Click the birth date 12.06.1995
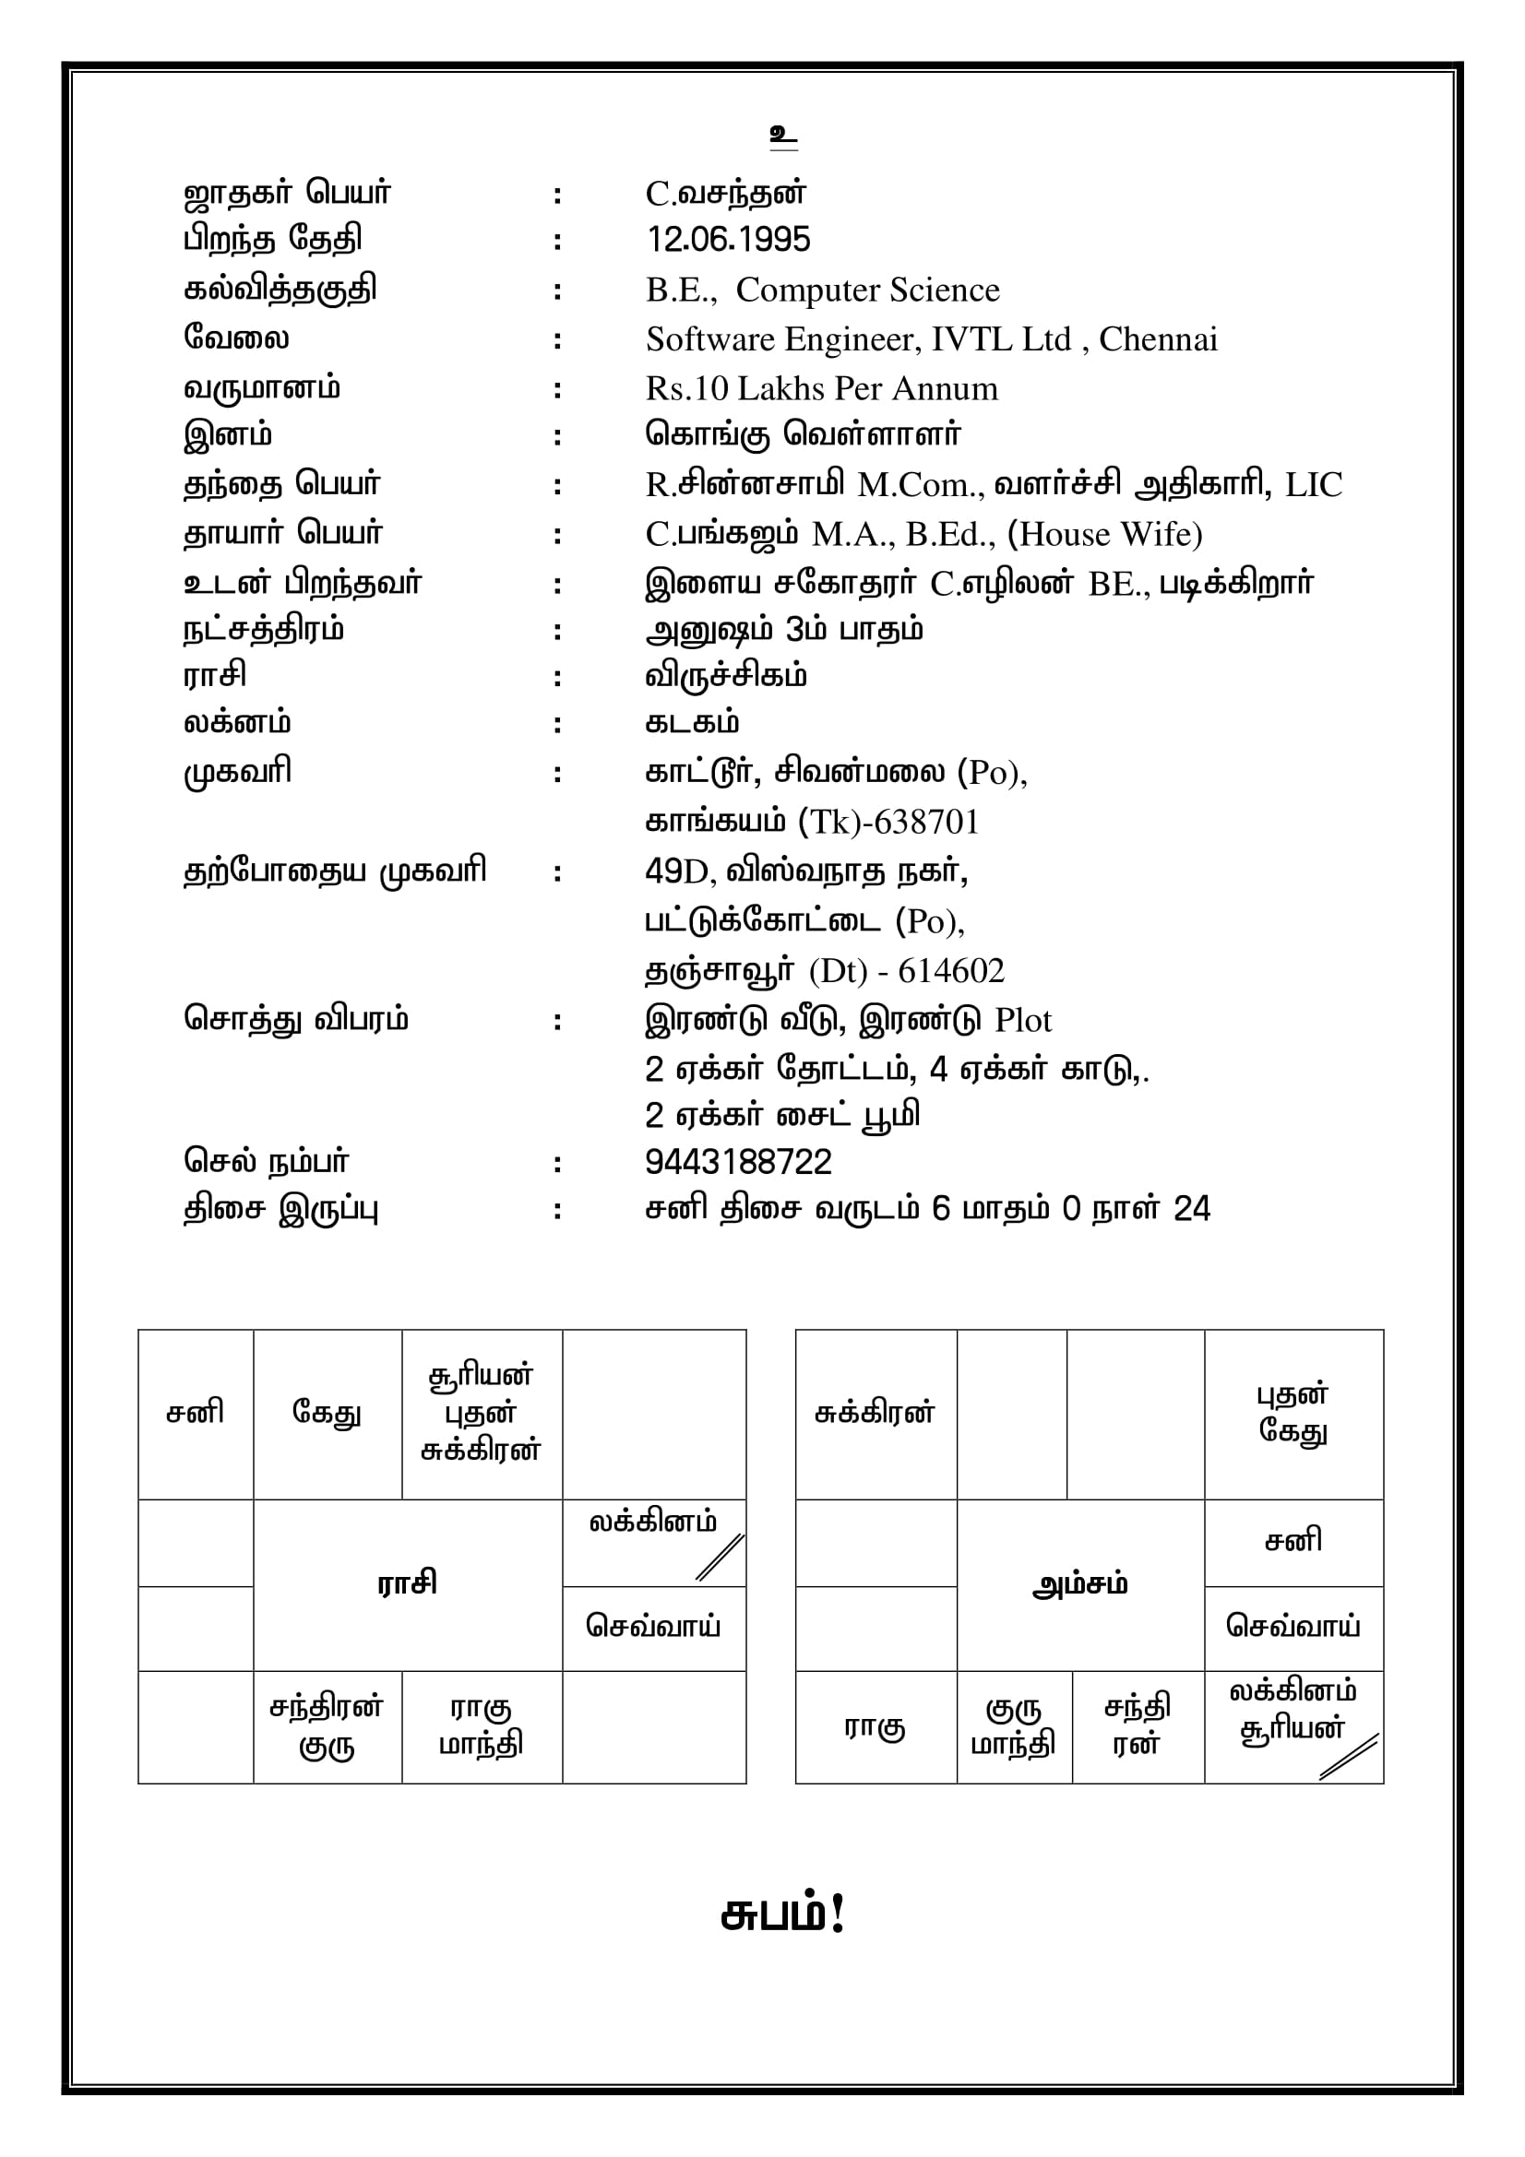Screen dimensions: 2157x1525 [727, 240]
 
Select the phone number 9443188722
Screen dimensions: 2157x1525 [738, 1162]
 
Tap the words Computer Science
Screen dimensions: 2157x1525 [866, 290]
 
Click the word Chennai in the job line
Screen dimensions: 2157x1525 [1158, 339]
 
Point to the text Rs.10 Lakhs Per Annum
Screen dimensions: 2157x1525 [821, 388]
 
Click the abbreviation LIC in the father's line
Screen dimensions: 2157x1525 [1314, 485]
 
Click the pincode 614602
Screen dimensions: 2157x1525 [951, 970]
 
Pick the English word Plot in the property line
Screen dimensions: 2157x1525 [1022, 1020]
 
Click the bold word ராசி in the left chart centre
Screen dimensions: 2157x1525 [407, 1583]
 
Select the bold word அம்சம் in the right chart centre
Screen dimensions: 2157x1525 [1079, 1585]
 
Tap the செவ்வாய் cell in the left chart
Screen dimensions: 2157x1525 [653, 1625]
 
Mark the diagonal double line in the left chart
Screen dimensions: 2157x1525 [720, 1557]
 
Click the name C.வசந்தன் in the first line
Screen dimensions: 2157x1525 [725, 193]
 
